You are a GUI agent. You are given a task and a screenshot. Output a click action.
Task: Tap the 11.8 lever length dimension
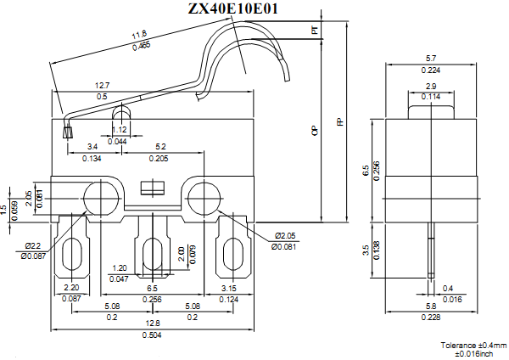138,36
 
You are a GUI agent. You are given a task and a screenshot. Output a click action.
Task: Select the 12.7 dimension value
102,86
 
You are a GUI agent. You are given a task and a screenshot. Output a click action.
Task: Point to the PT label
315,31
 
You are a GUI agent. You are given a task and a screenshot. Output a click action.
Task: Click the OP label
315,131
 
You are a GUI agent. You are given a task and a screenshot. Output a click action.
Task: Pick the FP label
340,121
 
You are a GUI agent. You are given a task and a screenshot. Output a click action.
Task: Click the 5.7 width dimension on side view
431,59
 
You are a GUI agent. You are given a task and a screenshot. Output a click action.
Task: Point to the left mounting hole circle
100,197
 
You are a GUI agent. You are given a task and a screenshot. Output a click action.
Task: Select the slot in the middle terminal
153,254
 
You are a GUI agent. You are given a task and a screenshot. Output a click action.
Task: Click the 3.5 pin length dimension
366,250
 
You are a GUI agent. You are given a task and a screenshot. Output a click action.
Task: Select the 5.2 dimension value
161,147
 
